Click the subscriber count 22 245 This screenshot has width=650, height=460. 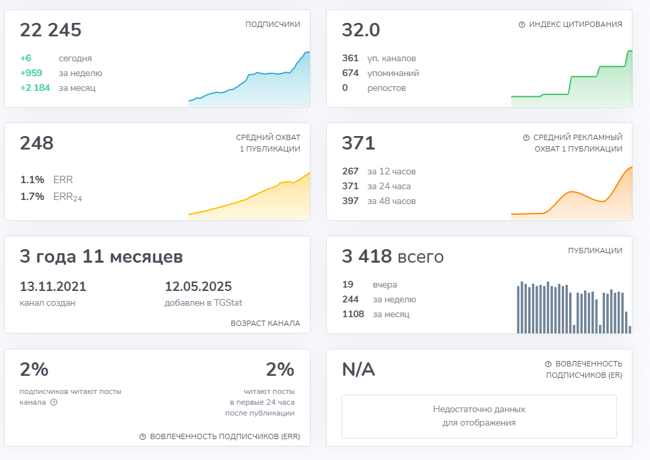coord(51,30)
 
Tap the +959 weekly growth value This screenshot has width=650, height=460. coord(33,73)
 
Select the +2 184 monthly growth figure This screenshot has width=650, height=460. coord(35,88)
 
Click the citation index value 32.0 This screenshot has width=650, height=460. coord(361,30)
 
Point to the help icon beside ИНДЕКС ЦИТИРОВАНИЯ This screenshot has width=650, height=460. coord(521,24)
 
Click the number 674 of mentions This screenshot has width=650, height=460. coord(350,73)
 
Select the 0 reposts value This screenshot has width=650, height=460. coord(345,88)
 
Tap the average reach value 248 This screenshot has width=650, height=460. coord(36,143)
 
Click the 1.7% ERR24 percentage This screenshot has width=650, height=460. coord(32,197)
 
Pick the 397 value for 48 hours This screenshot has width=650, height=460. coord(350,201)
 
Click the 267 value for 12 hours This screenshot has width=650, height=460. coord(350,171)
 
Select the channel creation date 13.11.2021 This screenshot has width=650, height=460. coord(53,286)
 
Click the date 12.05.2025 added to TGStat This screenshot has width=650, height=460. coord(198,286)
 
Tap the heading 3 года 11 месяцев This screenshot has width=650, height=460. coord(101,257)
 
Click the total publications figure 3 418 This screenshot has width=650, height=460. coord(367,257)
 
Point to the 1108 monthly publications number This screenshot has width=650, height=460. coord(353,314)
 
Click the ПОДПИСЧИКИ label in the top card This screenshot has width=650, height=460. coord(273,24)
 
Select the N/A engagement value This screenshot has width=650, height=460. coord(358,370)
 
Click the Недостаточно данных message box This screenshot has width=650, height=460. coord(479,416)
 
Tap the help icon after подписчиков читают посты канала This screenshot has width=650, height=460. coord(53,403)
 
